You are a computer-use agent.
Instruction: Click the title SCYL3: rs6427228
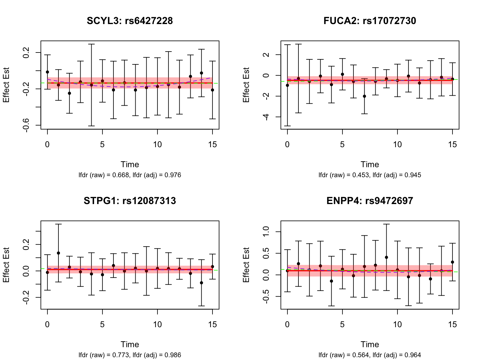coord(130,21)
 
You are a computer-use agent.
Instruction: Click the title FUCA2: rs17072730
coord(370,21)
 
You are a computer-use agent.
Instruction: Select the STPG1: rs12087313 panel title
coord(130,201)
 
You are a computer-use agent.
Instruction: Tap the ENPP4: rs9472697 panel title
coord(370,201)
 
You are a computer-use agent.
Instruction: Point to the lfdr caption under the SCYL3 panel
coord(130,175)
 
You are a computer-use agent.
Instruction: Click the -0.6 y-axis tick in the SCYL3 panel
coord(26,125)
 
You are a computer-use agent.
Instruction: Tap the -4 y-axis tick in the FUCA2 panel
coord(266,117)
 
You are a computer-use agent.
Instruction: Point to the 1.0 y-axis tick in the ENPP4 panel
coord(266,232)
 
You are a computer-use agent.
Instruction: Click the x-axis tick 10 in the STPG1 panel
coord(157,324)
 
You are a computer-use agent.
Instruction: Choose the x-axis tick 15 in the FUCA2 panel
coord(452,144)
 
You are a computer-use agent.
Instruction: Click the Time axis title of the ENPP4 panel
coord(370,344)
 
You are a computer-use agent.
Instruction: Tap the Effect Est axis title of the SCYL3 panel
coord(6,85)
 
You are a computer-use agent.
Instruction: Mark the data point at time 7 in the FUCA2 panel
coord(364,96)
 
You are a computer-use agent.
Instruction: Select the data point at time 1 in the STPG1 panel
coord(58,253)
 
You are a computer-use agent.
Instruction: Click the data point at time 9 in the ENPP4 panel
coord(387,257)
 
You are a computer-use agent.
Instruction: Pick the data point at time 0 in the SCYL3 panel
coord(47,72)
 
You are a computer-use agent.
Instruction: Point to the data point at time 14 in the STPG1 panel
coord(202,283)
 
